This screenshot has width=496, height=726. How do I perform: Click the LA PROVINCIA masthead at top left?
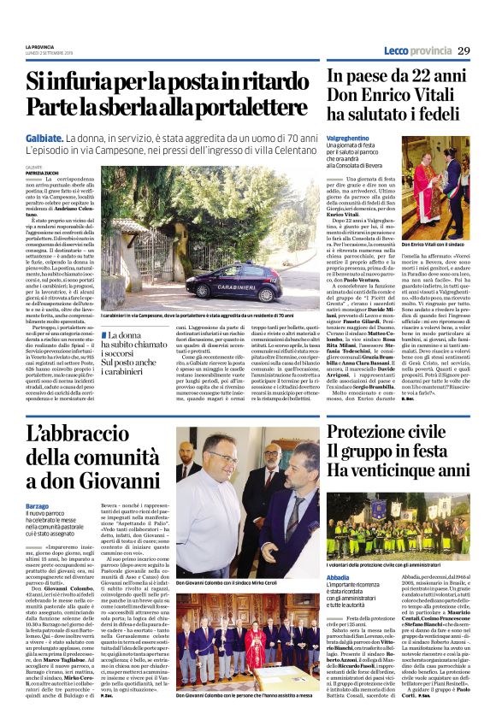pos(41,45)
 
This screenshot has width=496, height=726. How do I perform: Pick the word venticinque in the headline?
pos(398,471)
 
